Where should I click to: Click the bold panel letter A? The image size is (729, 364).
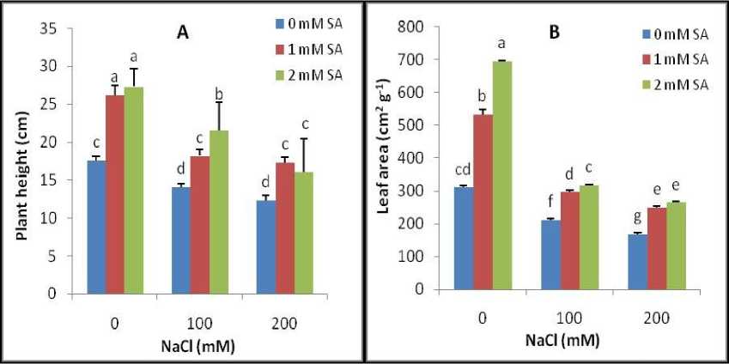pyautogui.click(x=183, y=32)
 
